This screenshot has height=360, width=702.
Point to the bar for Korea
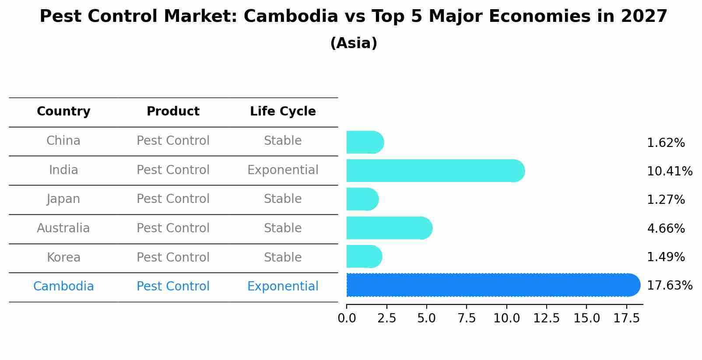point(364,256)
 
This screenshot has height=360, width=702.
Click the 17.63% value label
point(669,286)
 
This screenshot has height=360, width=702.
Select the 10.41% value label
point(669,171)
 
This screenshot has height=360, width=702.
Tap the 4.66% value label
point(666,228)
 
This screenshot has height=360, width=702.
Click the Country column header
point(63,112)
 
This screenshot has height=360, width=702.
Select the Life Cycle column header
point(283,112)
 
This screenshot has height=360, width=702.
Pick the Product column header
point(173,112)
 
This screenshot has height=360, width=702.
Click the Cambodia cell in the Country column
point(63,287)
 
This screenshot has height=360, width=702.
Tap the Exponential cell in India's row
point(283,170)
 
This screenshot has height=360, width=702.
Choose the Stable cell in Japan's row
point(283,199)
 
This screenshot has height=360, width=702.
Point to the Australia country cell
point(63,228)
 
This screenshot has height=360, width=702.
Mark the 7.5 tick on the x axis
point(467,318)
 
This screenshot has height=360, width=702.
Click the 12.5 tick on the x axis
point(546,318)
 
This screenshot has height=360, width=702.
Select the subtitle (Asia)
point(354,43)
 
